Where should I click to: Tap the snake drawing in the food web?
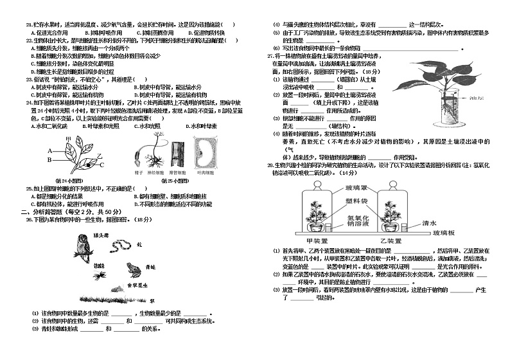[119, 245]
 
